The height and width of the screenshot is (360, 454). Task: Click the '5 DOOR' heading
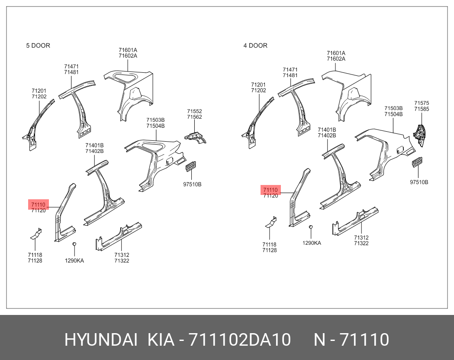point(38,45)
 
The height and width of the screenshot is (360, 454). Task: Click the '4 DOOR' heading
point(255,45)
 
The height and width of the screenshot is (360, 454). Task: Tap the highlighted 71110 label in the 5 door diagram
point(38,204)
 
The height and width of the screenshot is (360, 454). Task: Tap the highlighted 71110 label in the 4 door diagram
point(270,190)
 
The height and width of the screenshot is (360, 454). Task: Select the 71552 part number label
point(194,111)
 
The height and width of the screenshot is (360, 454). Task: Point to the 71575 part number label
point(422,103)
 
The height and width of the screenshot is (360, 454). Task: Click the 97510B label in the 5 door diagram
point(192,184)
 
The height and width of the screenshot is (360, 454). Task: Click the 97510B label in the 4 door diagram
point(419,182)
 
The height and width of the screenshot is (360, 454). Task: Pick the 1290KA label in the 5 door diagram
point(74,261)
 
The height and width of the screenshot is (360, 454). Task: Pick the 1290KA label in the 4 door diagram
point(312,243)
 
